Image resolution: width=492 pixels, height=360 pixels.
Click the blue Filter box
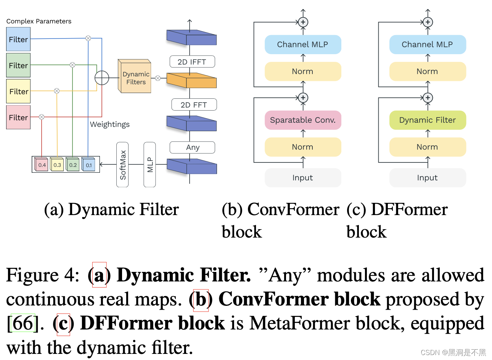click(x=18, y=39)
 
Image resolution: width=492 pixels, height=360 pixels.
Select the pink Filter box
click(x=18, y=117)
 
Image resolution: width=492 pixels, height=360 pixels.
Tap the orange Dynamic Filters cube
click(x=135, y=77)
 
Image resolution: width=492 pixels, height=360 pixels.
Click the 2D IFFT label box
click(x=192, y=62)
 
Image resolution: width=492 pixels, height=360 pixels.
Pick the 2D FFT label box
click(x=194, y=105)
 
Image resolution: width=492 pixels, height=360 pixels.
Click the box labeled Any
click(x=193, y=148)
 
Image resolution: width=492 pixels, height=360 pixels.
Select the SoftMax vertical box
click(x=122, y=165)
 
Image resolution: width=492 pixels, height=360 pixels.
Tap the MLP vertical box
click(x=150, y=165)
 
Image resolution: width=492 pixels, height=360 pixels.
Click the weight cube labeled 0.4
click(x=41, y=164)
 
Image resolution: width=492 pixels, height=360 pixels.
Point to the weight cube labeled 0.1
click(x=88, y=164)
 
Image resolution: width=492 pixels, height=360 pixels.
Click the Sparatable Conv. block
click(x=303, y=120)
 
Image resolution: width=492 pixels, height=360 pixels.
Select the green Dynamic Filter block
click(x=428, y=120)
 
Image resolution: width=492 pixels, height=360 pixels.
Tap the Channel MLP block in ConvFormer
click(x=303, y=45)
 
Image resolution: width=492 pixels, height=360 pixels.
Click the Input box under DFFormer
click(x=428, y=178)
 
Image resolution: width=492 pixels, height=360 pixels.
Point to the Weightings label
click(x=110, y=124)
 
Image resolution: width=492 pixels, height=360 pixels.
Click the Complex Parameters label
click(x=39, y=21)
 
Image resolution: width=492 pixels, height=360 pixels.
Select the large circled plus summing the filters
click(x=102, y=78)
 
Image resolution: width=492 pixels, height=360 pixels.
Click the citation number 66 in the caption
click(x=23, y=323)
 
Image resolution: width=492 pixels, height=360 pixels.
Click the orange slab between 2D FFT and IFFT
click(x=191, y=80)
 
